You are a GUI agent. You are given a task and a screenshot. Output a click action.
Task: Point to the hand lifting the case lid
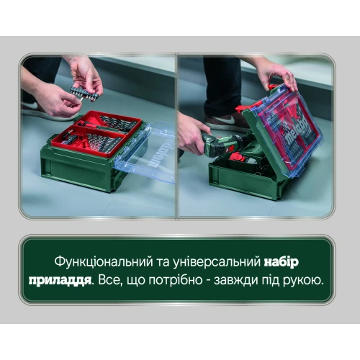pyautogui.click(x=278, y=75)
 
